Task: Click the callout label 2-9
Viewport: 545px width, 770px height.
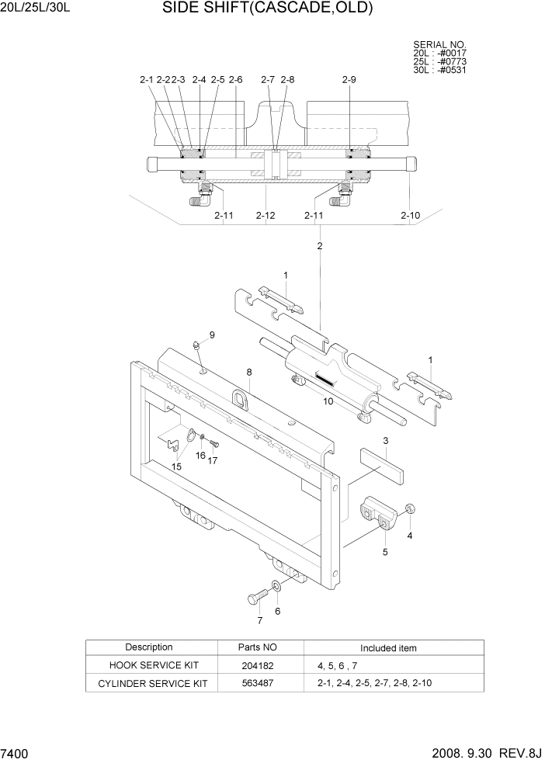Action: tap(349, 80)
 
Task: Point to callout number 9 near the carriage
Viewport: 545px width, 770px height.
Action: tap(211, 335)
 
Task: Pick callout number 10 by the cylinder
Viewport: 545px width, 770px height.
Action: tap(328, 401)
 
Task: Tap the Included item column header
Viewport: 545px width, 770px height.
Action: tap(388, 648)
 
